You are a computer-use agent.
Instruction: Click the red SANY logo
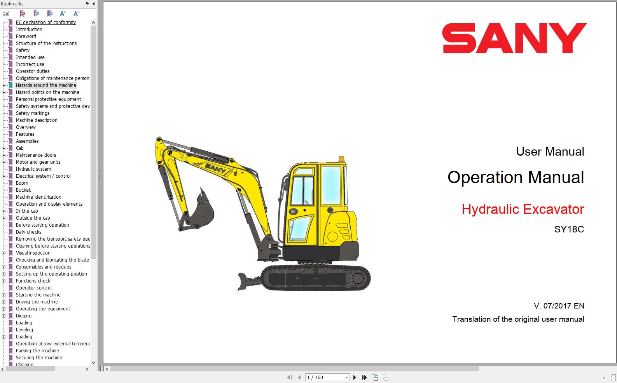[x=514, y=38]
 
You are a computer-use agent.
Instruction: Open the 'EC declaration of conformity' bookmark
[x=46, y=22]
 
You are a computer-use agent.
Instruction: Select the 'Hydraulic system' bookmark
[x=33, y=169]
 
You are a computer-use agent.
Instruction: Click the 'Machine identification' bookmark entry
[x=38, y=197]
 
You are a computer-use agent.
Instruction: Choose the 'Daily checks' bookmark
[x=29, y=232]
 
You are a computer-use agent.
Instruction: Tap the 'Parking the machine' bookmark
[x=37, y=350]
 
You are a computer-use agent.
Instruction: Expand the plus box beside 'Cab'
[x=3, y=148]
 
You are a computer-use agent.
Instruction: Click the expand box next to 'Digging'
[x=3, y=316]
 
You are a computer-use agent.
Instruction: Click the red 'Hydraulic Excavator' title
[x=523, y=209]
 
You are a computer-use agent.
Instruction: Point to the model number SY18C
[x=569, y=229]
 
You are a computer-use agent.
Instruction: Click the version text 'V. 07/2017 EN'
[x=559, y=306]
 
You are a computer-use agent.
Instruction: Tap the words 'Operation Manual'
[x=516, y=177]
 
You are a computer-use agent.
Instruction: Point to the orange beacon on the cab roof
[x=341, y=159]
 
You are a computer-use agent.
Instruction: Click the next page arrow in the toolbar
[x=355, y=378]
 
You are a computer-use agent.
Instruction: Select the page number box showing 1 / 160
[x=327, y=378]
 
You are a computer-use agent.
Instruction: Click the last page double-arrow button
[x=364, y=378]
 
